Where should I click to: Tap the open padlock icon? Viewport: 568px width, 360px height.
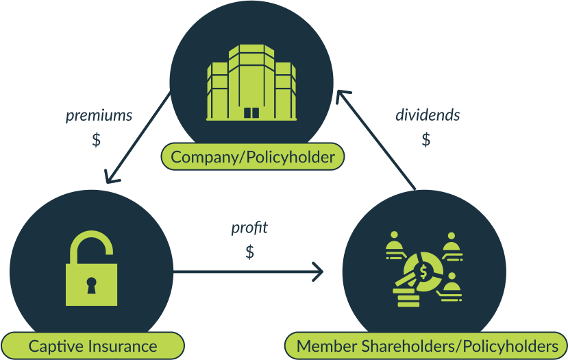click(91, 269)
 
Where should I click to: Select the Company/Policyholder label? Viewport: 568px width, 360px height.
click(252, 158)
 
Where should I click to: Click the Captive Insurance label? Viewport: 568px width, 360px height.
click(92, 346)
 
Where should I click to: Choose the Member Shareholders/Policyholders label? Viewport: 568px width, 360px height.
click(427, 346)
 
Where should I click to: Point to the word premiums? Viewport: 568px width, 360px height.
click(99, 116)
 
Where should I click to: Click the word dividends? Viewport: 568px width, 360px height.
click(428, 115)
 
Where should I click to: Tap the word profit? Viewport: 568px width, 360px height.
click(249, 228)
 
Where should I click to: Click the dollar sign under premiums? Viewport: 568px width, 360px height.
click(97, 140)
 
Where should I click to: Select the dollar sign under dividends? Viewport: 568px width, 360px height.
click(426, 140)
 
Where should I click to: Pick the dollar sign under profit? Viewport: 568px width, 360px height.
click(249, 252)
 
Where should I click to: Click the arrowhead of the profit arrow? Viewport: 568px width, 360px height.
click(319, 272)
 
